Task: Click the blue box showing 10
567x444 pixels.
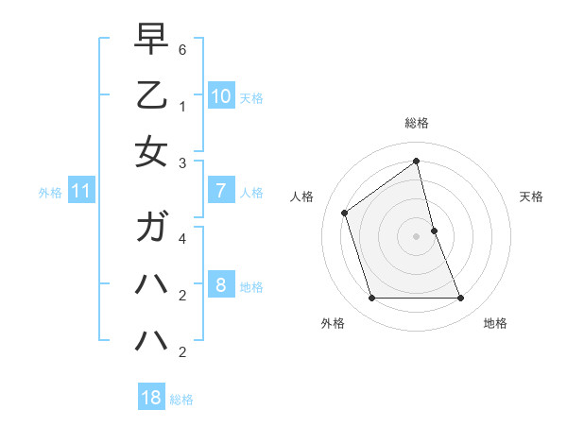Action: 220,95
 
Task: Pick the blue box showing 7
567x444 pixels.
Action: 220,191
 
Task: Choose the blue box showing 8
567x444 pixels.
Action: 220,285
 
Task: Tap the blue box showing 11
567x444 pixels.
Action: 81,191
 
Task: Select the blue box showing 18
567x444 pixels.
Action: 151,398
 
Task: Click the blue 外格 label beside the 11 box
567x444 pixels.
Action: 50,192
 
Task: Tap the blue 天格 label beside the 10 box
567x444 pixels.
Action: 251,97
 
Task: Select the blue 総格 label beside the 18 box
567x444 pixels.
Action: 181,399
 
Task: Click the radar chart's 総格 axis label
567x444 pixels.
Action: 417,123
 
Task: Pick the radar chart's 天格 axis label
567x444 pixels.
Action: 532,196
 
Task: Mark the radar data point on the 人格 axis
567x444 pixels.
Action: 345,213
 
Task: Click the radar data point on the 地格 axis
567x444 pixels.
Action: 461,299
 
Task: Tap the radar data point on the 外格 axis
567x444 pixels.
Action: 371,299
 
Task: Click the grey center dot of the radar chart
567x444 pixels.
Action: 417,236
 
